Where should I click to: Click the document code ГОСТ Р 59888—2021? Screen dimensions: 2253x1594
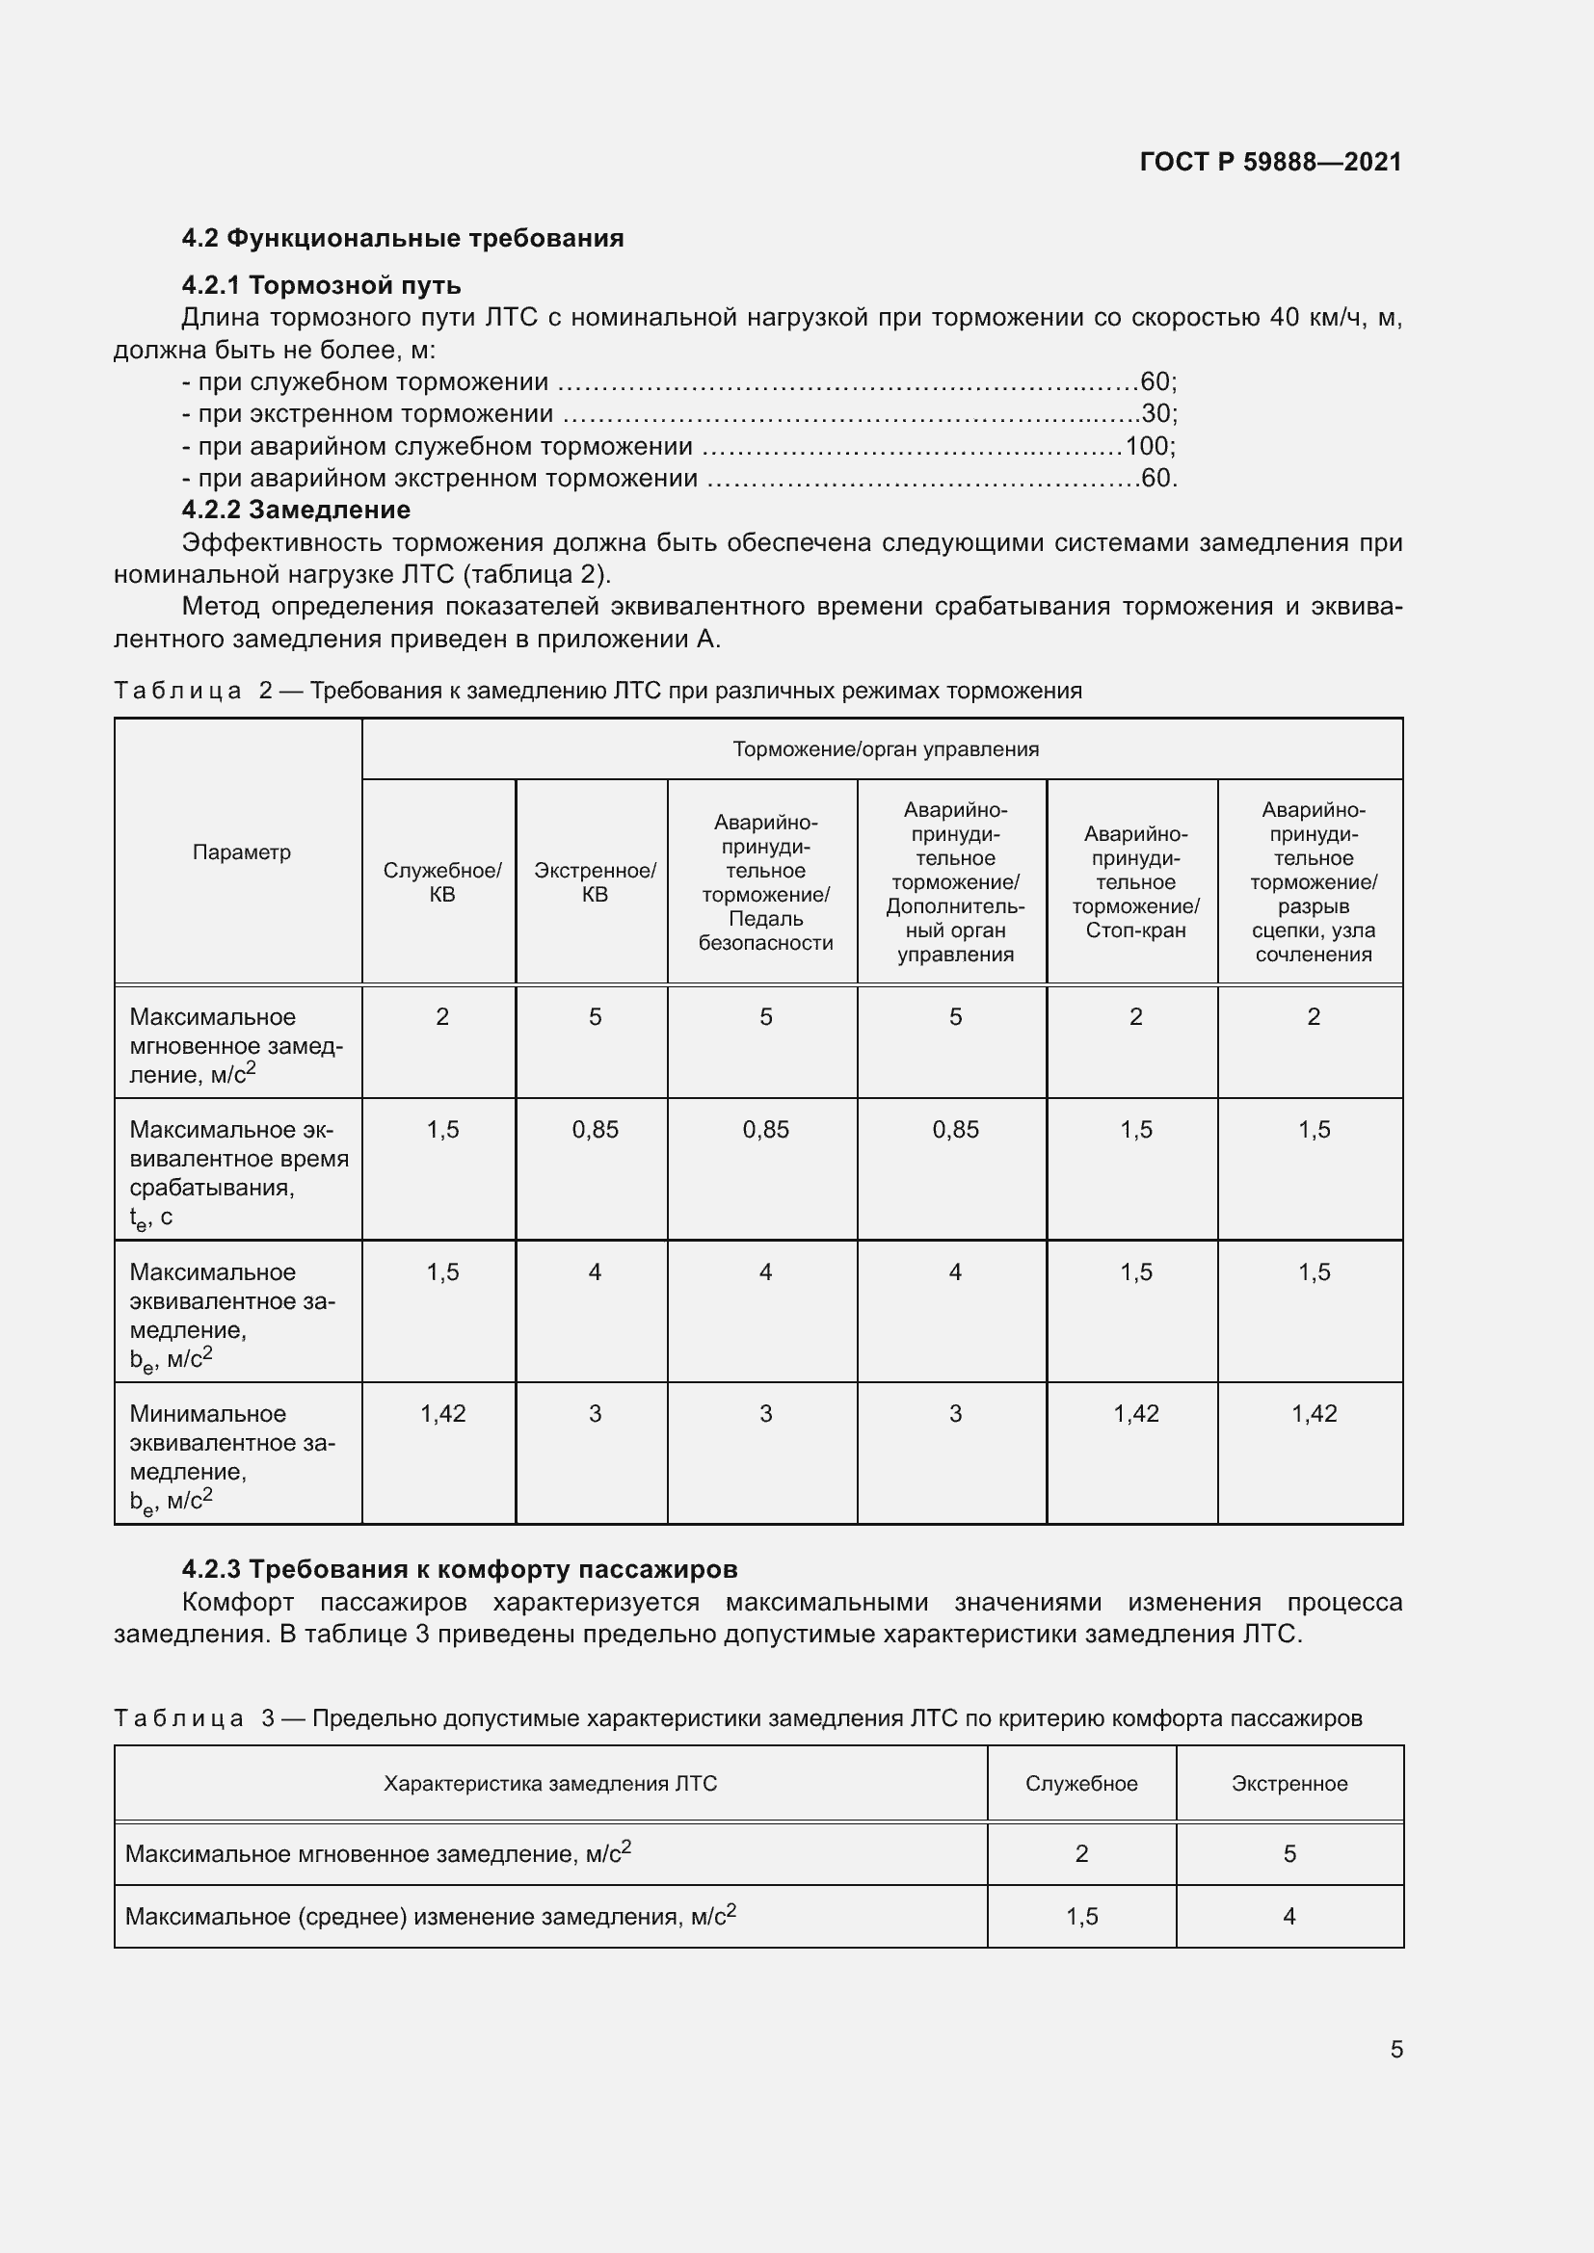tap(1270, 162)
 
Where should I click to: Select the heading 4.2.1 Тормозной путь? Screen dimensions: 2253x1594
tap(321, 285)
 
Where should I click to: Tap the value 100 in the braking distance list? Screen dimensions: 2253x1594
tap(1149, 447)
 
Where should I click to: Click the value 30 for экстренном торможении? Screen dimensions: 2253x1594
tap(1156, 414)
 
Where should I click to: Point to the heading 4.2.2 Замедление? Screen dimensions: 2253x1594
tap(296, 511)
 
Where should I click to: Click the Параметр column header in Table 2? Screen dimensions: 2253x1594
tap(242, 851)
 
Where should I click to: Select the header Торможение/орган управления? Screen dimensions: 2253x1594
tap(886, 749)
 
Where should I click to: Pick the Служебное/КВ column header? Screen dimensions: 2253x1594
tap(441, 882)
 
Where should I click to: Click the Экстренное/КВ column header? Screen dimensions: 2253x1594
tap(595, 882)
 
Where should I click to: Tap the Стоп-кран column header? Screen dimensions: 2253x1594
tap(1135, 882)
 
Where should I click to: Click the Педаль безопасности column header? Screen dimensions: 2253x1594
tap(765, 882)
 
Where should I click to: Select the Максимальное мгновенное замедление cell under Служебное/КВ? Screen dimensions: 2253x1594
tap(442, 1016)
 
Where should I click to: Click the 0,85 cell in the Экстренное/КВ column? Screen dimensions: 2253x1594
tap(595, 1130)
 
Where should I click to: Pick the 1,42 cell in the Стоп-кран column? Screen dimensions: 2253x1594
tap(1135, 1413)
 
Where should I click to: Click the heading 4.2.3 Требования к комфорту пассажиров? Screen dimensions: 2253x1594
tap(460, 1569)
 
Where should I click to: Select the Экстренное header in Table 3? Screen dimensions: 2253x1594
tap(1288, 1784)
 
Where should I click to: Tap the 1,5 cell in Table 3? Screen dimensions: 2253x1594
tap(1081, 1917)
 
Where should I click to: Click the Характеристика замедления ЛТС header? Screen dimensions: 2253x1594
tap(549, 1784)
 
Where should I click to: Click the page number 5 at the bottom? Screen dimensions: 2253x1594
tap(1395, 2049)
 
